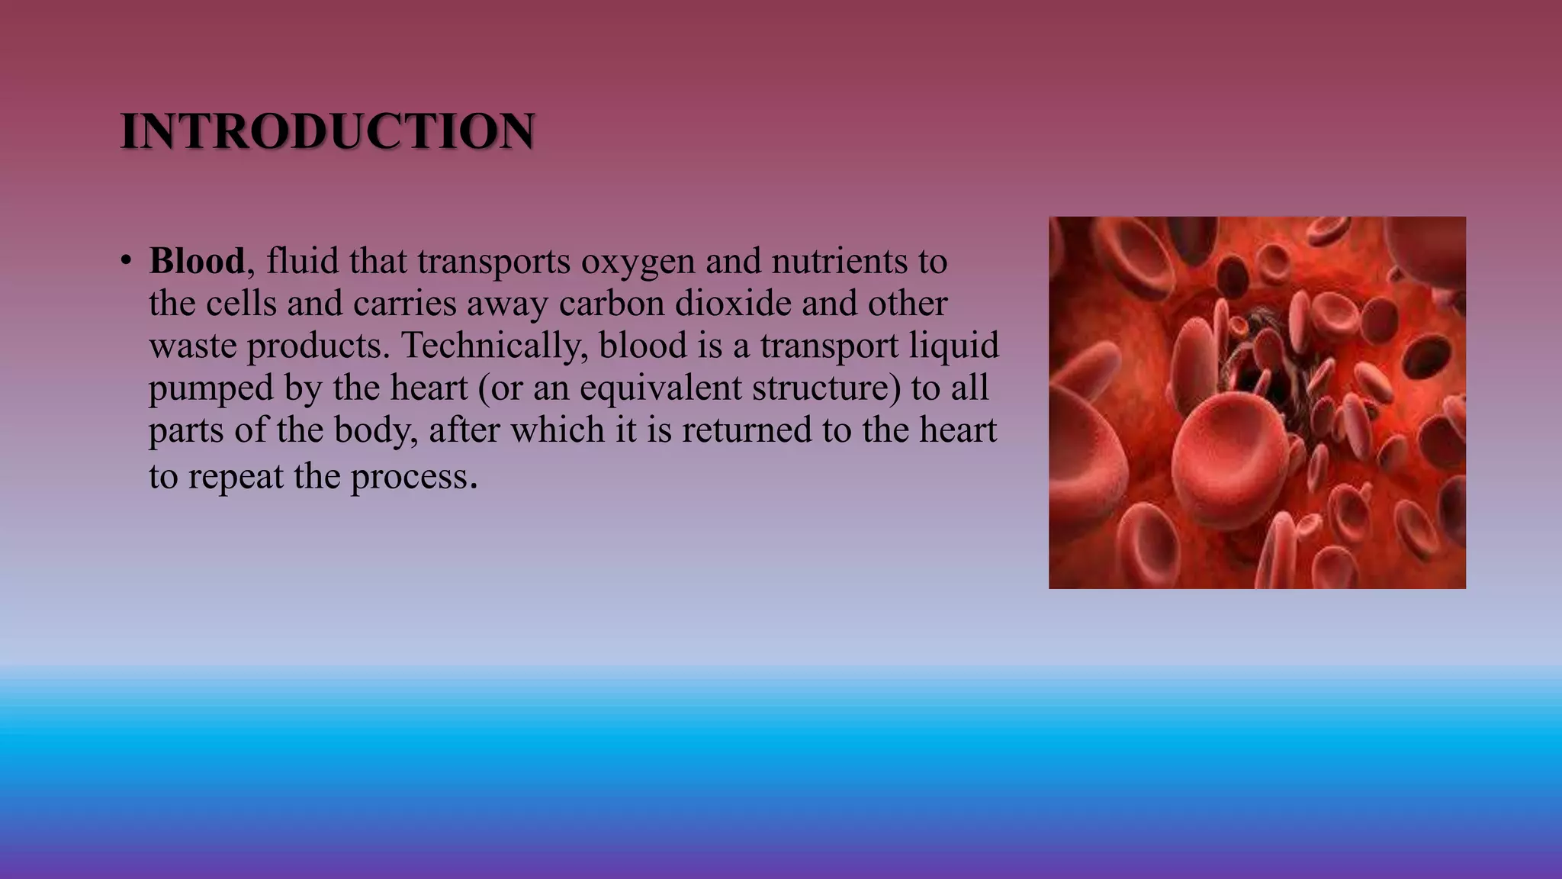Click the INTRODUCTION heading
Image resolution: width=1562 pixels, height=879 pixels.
(328, 131)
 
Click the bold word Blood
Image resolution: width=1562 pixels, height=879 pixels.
(197, 261)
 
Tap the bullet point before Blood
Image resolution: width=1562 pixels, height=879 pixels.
(126, 261)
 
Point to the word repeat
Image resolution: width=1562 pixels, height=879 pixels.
(236, 478)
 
